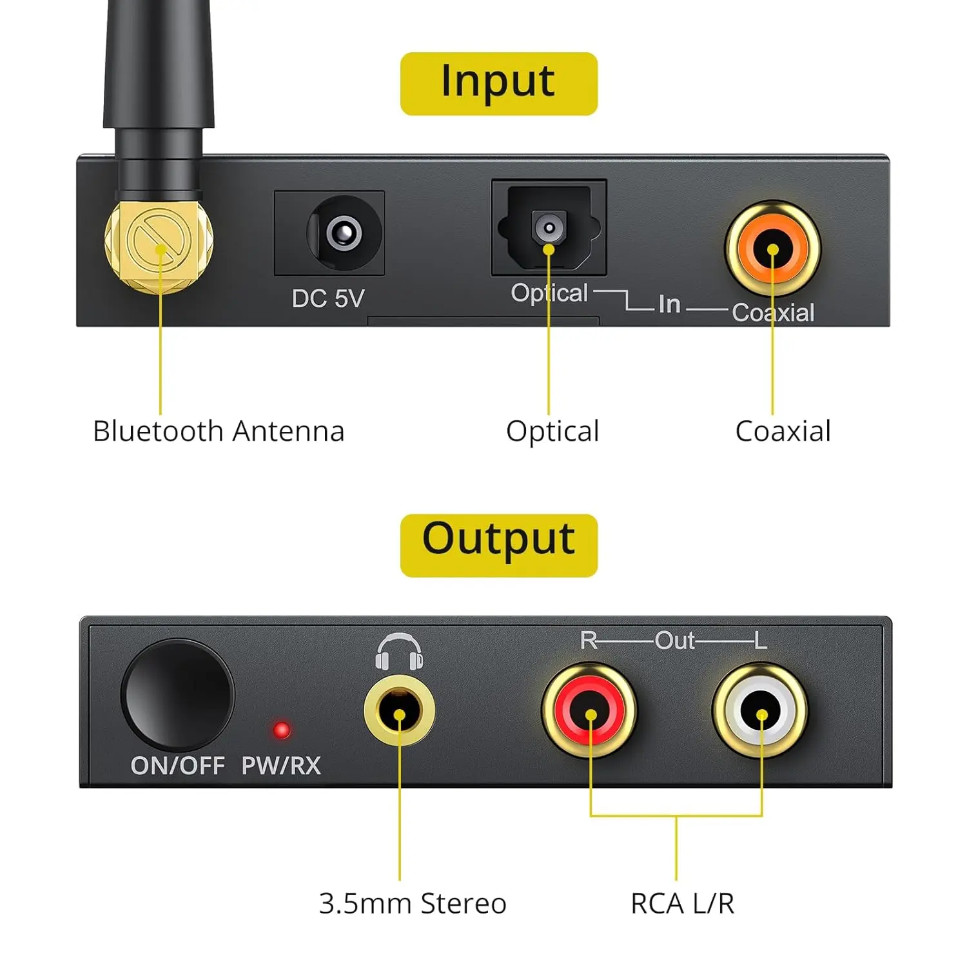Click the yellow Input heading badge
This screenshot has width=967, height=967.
498,84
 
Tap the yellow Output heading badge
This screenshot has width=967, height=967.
498,545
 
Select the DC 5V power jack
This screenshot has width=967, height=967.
343,233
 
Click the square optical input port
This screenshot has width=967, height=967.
549,226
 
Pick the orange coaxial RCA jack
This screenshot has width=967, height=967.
772,249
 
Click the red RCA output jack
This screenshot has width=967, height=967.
590,711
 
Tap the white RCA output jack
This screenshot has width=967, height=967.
761,711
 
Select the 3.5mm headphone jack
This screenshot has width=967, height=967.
399,710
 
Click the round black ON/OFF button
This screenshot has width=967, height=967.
177,695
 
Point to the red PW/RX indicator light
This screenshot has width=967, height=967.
282,730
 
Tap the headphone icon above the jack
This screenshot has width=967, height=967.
399,651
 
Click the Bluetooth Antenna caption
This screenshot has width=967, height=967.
219,431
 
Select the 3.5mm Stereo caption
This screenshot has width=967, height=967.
413,903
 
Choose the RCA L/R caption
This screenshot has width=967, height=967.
682,903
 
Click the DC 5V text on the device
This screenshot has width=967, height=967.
328,298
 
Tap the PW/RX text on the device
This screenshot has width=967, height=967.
281,766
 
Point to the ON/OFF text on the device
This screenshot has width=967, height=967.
177,766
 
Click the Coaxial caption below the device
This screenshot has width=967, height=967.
783,431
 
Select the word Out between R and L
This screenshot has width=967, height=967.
674,641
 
